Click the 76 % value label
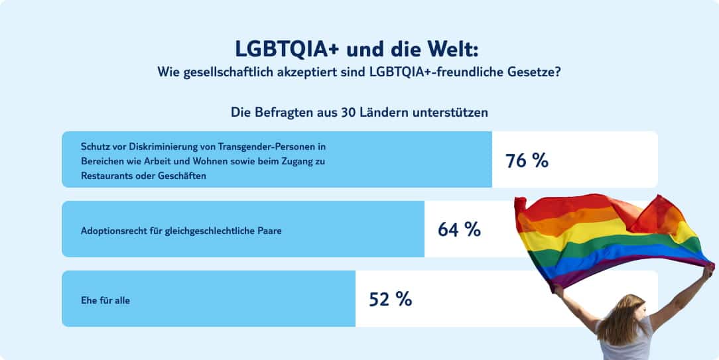click(527, 160)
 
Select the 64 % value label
click(459, 229)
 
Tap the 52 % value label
click(390, 299)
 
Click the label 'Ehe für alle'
click(105, 300)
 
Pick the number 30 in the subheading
click(348, 112)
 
